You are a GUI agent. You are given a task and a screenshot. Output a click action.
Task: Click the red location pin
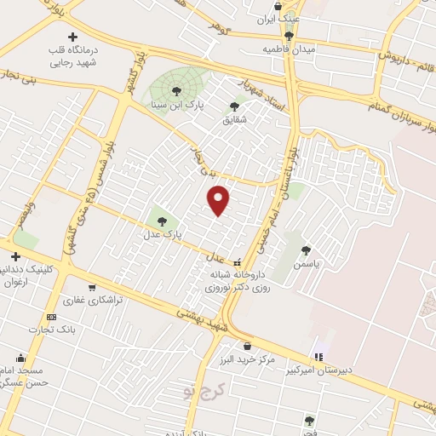[x=220, y=200]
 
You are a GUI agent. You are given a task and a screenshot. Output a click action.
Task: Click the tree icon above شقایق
[x=235, y=106]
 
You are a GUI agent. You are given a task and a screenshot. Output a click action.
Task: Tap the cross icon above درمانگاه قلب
[x=72, y=37]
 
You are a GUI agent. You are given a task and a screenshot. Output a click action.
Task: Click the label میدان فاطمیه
[x=289, y=49]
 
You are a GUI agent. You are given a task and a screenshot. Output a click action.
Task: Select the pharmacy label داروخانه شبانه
[x=237, y=276]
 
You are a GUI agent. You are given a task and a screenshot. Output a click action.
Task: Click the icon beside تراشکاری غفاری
[x=92, y=288]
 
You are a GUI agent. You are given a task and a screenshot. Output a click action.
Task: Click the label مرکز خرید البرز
[x=247, y=360]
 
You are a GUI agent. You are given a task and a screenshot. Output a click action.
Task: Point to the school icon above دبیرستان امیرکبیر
[x=318, y=356]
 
